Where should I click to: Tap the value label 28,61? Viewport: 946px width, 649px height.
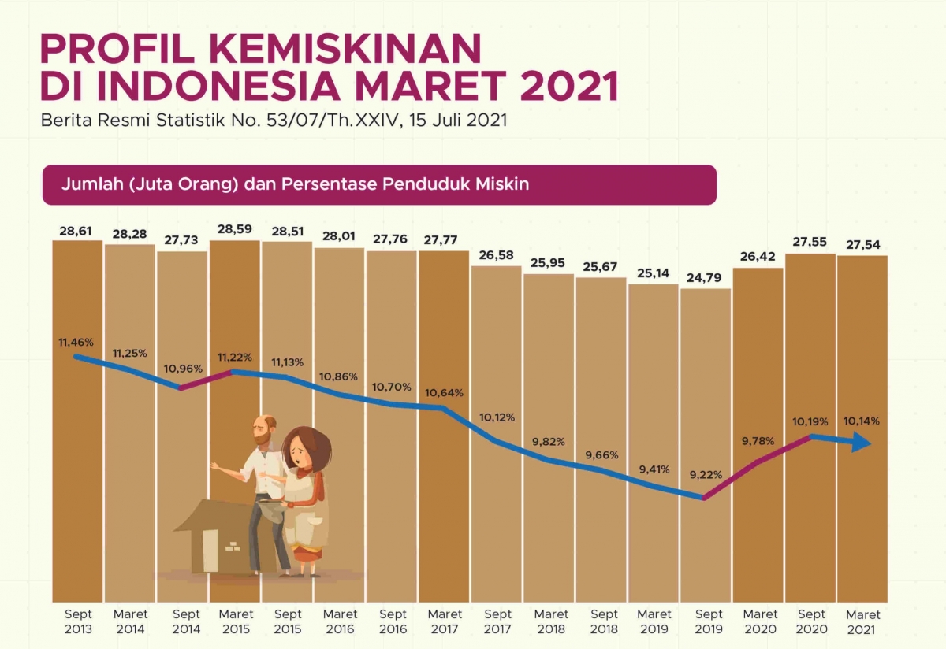pyautogui.click(x=76, y=230)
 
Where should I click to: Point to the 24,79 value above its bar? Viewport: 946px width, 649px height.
pyautogui.click(x=706, y=279)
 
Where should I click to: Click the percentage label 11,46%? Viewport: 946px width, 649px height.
pyautogui.click(x=76, y=343)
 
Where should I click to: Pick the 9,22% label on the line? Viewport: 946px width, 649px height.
pyautogui.click(x=706, y=474)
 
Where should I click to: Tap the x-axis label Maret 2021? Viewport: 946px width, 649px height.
pyautogui.click(x=862, y=622)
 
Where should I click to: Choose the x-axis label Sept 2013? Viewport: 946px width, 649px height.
pyautogui.click(x=78, y=621)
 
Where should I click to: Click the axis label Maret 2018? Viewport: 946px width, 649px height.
pyautogui.click(x=549, y=621)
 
